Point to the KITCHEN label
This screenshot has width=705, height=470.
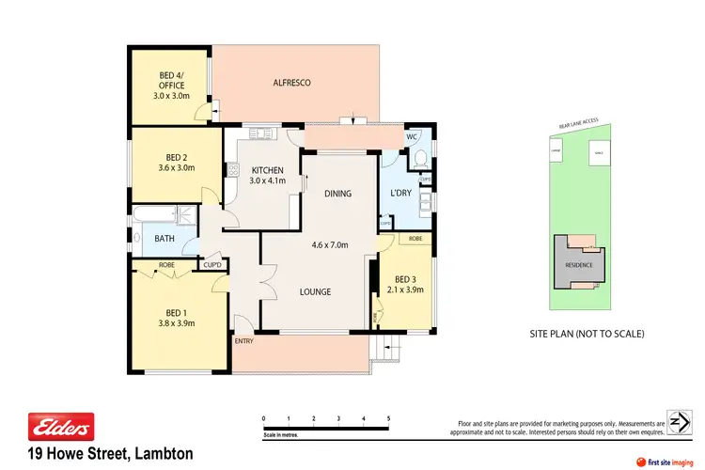coord(267,169)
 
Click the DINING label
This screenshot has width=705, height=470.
coord(337,194)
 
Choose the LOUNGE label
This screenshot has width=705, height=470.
coord(315,291)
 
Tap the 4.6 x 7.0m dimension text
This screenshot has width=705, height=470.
coord(330,246)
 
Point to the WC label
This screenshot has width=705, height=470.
coord(411,137)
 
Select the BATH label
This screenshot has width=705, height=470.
coord(164,239)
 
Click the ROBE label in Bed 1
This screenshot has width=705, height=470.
coord(166,265)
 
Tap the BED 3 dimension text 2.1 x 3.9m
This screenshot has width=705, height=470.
coord(406,290)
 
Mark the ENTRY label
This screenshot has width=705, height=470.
coord(244,341)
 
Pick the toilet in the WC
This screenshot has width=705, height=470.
coord(421,156)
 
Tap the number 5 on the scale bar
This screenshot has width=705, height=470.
coord(388,417)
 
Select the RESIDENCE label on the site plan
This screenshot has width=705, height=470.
coord(579,264)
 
